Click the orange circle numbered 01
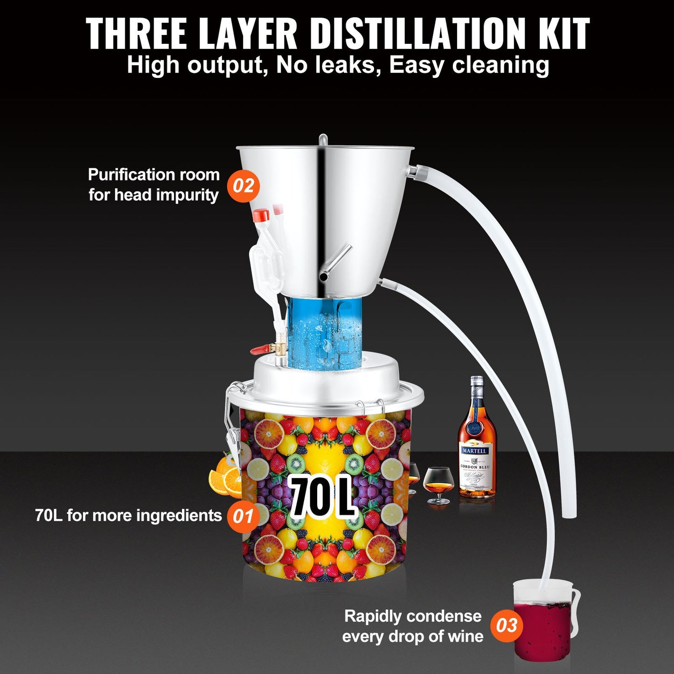(x=242, y=516)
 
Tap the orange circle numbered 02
(x=243, y=186)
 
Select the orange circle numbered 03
(x=507, y=625)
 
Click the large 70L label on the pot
(x=321, y=496)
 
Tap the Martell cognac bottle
(x=476, y=443)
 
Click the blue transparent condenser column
(x=324, y=331)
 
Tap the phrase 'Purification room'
(x=153, y=175)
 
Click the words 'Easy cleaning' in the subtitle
(x=469, y=65)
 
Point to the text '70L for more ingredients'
(x=128, y=516)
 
